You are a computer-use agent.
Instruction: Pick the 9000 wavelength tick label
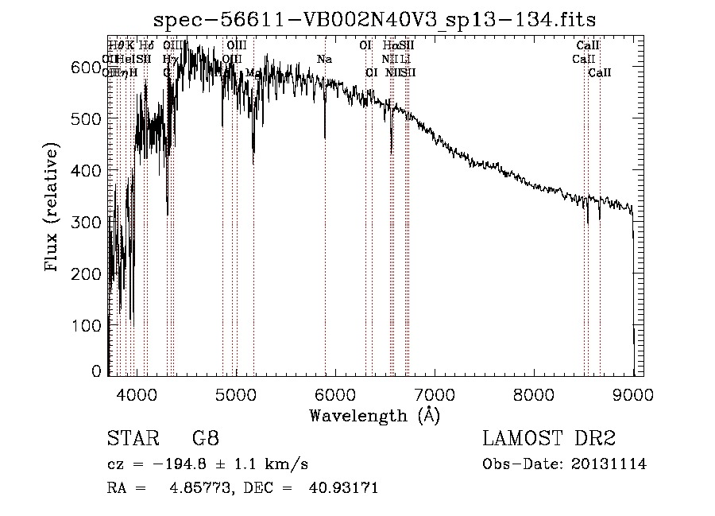pos(633,393)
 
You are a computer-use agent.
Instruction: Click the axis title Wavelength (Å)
pos(375,415)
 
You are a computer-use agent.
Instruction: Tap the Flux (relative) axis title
pos(52,208)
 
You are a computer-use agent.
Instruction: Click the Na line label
pos(324,60)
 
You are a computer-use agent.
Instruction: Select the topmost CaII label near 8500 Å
pos(588,46)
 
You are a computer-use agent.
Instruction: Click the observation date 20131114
pos(612,464)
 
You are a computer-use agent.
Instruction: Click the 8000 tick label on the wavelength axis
pos(534,393)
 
